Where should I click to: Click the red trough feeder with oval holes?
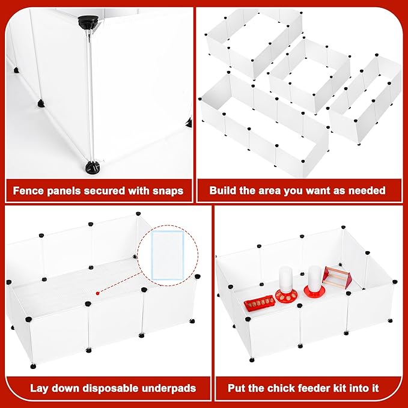(260, 303)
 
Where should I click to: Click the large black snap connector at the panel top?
(89, 22)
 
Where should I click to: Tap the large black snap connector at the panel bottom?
(93, 166)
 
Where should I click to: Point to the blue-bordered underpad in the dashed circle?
(168, 255)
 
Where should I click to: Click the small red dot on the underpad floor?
(97, 293)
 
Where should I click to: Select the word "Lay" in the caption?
(39, 388)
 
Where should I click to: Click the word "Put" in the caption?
(236, 388)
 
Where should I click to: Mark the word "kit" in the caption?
(341, 388)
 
